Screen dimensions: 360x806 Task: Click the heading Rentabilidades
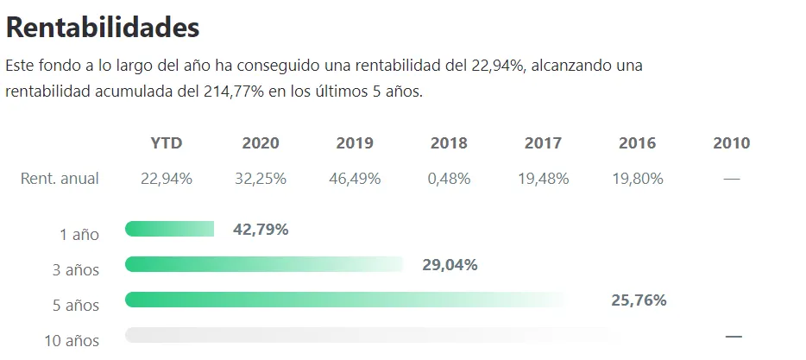coord(103,28)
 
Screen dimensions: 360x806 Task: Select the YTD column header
coord(166,143)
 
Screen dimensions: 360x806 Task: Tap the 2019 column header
coord(355,143)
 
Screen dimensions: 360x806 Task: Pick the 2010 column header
coord(731,143)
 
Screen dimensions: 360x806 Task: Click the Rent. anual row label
coord(60,179)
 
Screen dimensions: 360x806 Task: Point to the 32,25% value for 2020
coord(261,179)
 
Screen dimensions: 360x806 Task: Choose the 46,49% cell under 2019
coord(355,179)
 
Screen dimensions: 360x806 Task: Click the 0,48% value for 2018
coord(449,179)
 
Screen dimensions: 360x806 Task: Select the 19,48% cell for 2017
coord(543,179)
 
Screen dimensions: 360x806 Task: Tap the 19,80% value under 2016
coord(637,179)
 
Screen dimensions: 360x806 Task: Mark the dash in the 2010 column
coord(732,179)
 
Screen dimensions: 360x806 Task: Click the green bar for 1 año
coord(169,229)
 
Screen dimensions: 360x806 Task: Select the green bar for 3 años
coord(263,264)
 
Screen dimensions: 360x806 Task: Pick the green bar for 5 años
coord(345,300)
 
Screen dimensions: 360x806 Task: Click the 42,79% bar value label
coord(261,230)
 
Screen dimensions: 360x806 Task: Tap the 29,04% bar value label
coord(450,265)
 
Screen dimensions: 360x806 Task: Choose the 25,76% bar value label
coord(639,300)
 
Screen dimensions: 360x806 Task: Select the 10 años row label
coord(72,341)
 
